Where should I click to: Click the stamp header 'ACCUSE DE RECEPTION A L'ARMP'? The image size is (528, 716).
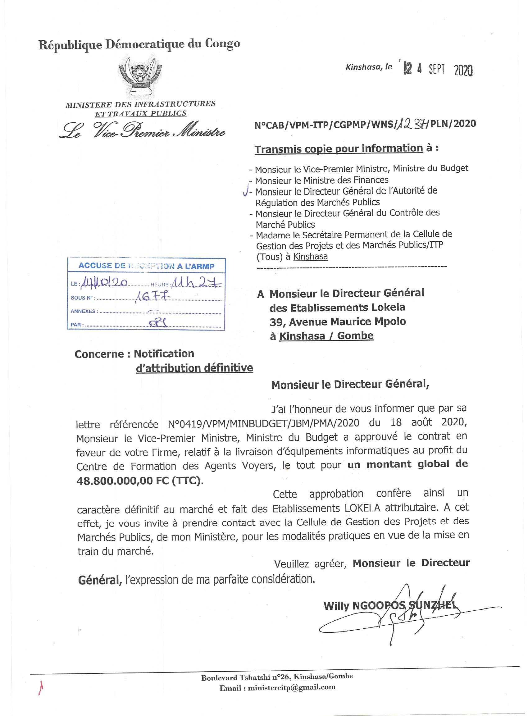pos(146,266)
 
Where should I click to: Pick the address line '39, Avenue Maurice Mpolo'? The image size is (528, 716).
pos(338,322)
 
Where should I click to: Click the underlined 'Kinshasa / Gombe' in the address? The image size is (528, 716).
pos(326,336)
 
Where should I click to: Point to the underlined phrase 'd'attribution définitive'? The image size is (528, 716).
pos(194,368)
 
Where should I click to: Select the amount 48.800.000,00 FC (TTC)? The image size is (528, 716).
pos(139,481)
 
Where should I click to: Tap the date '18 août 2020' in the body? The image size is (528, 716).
pos(428,422)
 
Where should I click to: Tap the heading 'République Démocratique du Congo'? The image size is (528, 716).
pos(139,44)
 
